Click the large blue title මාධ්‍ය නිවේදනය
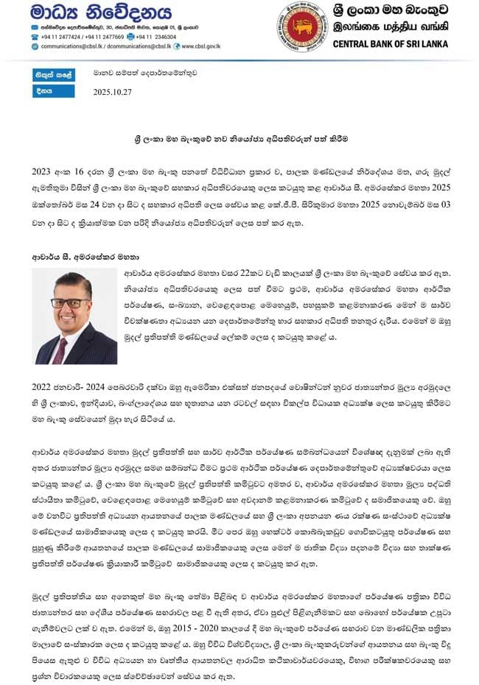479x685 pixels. tap(90, 13)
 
